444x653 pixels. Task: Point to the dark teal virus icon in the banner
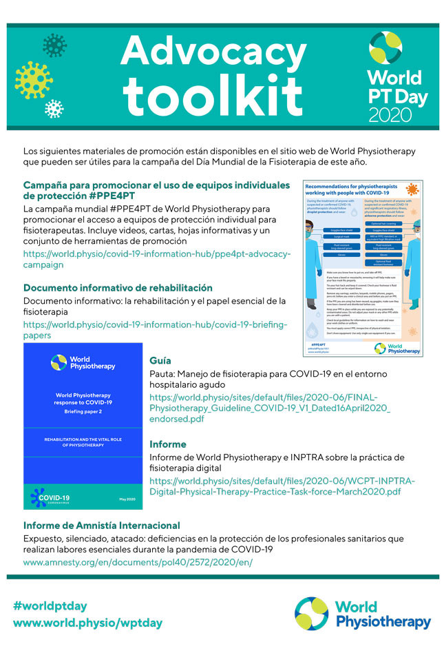[54, 45]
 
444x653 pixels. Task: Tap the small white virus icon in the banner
[54, 109]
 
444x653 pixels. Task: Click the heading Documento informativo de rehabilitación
[118, 288]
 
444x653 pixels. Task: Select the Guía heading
[160, 360]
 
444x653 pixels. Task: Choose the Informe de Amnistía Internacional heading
[102, 526]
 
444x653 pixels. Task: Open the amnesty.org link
[138, 562]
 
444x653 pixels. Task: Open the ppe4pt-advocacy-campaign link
[157, 259]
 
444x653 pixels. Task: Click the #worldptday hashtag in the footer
[50, 606]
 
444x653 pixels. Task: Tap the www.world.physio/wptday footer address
[87, 623]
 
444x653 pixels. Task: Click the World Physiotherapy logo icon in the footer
[311, 614]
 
